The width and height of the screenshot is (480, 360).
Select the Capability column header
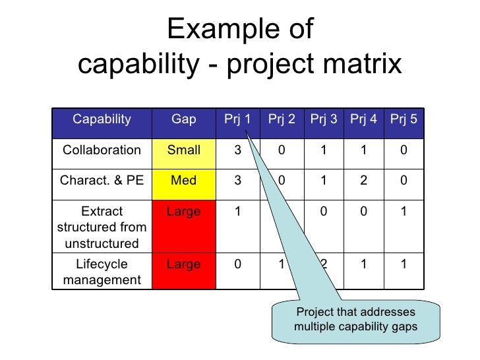102,119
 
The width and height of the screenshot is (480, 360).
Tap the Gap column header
184,119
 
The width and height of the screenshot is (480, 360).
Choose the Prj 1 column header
237,119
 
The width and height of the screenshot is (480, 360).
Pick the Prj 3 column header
324,119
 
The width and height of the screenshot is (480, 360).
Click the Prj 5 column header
404,119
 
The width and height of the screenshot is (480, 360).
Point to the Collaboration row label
102,150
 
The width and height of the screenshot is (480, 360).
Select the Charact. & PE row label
102,180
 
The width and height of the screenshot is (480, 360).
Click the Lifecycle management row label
102,272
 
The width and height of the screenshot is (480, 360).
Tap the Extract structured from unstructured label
102,227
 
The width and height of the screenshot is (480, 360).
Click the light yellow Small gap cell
184,150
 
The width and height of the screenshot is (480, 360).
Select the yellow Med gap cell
184,180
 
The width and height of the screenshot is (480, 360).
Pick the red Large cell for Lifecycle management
184,264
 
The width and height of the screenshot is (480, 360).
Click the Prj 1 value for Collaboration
237,150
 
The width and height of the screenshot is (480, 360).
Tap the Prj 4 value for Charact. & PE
363,180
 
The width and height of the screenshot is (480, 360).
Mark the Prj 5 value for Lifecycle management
404,264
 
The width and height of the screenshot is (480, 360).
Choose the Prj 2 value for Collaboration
281,150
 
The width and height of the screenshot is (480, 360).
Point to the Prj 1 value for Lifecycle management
237,264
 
